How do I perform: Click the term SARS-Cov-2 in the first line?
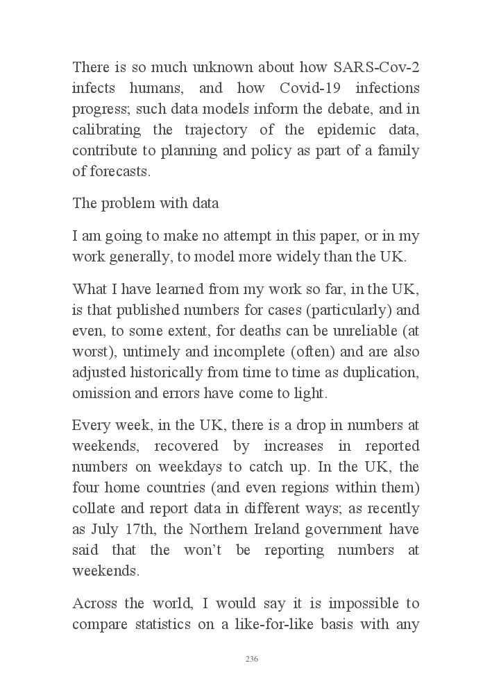(376, 67)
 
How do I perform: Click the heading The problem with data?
(146, 203)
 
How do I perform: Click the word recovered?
(183, 446)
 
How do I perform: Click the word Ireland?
(278, 529)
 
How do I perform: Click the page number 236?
(252, 659)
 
